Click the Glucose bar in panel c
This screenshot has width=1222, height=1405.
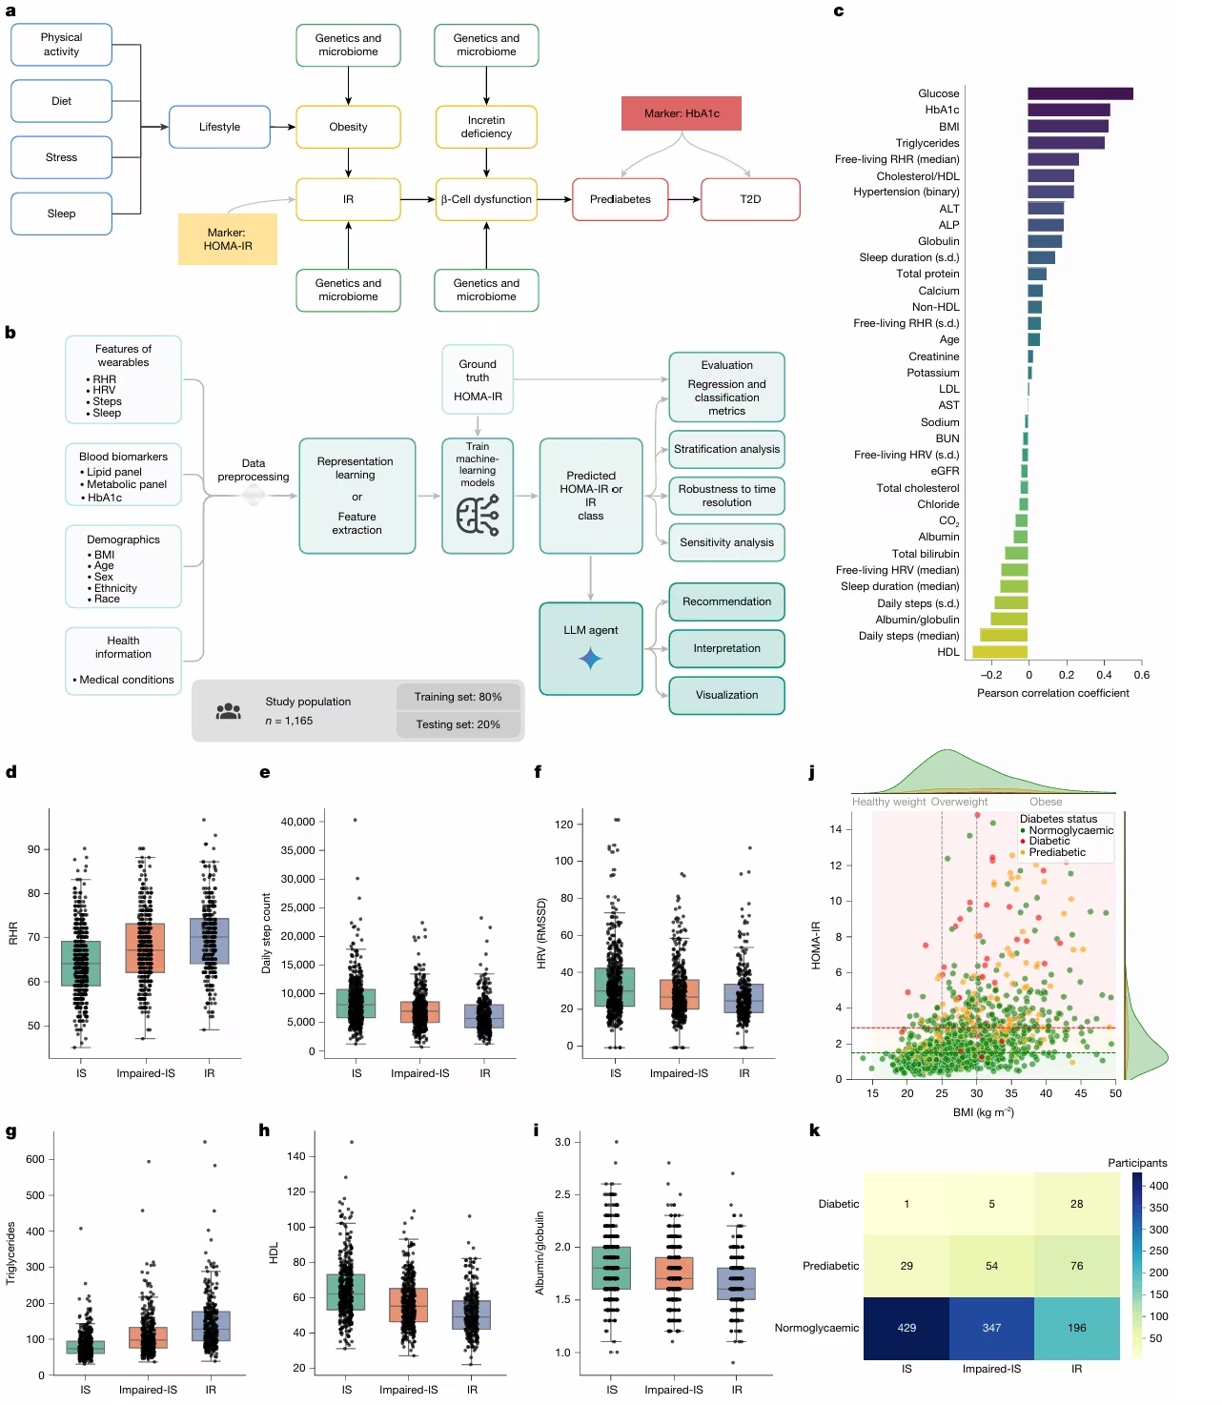(x=1079, y=93)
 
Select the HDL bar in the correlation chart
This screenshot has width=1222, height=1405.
(x=1000, y=652)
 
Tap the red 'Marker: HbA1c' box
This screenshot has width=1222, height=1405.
(x=681, y=113)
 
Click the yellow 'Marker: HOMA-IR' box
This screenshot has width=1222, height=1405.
(x=228, y=239)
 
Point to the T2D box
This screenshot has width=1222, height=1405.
(x=750, y=199)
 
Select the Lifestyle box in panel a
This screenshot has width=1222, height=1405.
(x=219, y=127)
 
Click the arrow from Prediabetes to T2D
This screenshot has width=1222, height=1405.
(x=683, y=199)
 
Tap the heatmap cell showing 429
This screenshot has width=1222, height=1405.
(x=906, y=1328)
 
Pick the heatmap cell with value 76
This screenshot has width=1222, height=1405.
(x=1076, y=1266)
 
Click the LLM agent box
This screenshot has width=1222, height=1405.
(x=590, y=648)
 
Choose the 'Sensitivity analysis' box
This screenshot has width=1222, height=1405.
(x=726, y=542)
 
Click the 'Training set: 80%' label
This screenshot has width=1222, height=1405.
(x=458, y=697)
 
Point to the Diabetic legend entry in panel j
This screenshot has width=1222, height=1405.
(x=1049, y=841)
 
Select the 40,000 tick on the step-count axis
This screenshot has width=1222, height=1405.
(x=297, y=822)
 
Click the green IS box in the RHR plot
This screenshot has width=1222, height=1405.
(x=81, y=963)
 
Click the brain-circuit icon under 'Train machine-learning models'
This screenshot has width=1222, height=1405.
(x=478, y=516)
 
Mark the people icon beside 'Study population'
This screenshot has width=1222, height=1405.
(x=229, y=711)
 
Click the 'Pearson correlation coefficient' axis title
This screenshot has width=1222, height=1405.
(x=1052, y=693)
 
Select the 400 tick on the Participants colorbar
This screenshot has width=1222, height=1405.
(x=1158, y=1186)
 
